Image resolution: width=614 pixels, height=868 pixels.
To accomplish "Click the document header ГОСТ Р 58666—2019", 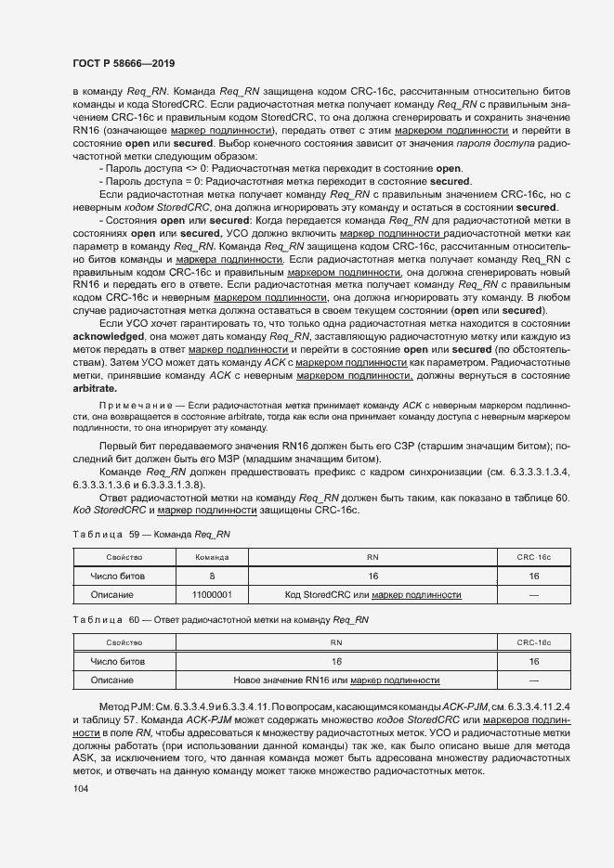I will point(123,63).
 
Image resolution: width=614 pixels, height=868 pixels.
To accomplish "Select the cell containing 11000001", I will point(212,594).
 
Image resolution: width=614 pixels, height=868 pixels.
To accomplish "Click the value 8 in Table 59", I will point(212,576).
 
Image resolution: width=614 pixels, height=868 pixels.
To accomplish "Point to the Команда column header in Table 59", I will point(212,557).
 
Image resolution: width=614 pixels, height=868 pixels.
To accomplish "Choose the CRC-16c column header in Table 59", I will point(534,557).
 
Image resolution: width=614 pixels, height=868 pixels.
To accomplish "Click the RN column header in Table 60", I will point(336,642).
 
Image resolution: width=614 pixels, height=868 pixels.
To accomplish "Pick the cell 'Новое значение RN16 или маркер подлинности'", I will point(336,680).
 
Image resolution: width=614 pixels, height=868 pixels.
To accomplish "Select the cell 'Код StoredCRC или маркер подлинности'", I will point(372,594).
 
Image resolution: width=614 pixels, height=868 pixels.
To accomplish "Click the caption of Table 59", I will point(150,536).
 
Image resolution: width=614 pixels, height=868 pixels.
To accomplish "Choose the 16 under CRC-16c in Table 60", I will point(534,662).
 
